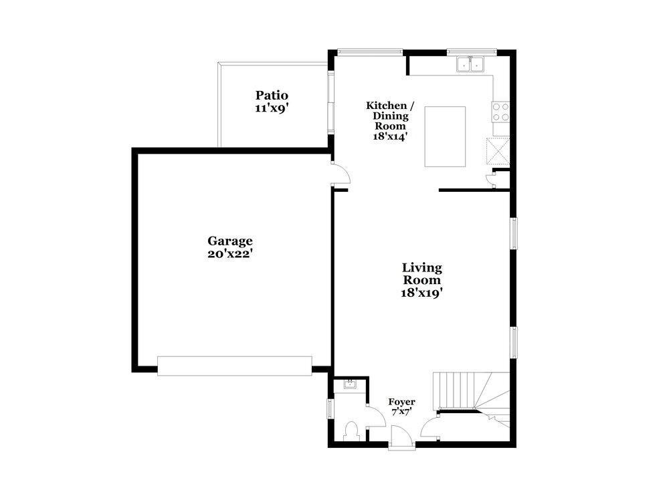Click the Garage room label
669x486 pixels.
pyautogui.click(x=229, y=241)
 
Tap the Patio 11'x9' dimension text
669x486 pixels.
pyautogui.click(x=272, y=108)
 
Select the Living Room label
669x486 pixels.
pyautogui.click(x=421, y=273)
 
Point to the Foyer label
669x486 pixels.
pyautogui.click(x=401, y=402)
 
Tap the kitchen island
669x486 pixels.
pyautogui.click(x=446, y=136)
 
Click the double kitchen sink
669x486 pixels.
pyautogui.click(x=471, y=65)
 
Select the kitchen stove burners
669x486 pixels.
pyautogui.click(x=500, y=111)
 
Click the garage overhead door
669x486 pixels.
pyautogui.click(x=234, y=365)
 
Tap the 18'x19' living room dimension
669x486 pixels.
pyautogui.click(x=421, y=292)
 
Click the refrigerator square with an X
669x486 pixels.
pyautogui.click(x=498, y=150)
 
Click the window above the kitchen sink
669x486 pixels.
pyautogui.click(x=472, y=51)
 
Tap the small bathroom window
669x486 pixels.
pyautogui.click(x=330, y=408)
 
